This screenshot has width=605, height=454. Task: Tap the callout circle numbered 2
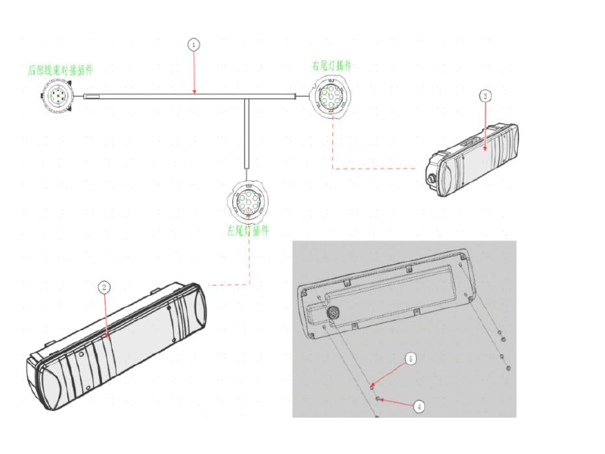(105, 287)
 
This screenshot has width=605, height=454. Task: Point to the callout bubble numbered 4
(419, 406)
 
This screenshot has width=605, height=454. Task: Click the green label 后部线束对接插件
(60, 70)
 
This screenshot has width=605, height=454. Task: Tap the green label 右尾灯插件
(331, 67)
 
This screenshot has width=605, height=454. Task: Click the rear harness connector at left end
(57, 97)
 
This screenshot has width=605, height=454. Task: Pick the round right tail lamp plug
(330, 97)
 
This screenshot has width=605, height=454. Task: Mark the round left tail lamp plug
(248, 201)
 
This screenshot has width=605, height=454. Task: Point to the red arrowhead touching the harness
(194, 92)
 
